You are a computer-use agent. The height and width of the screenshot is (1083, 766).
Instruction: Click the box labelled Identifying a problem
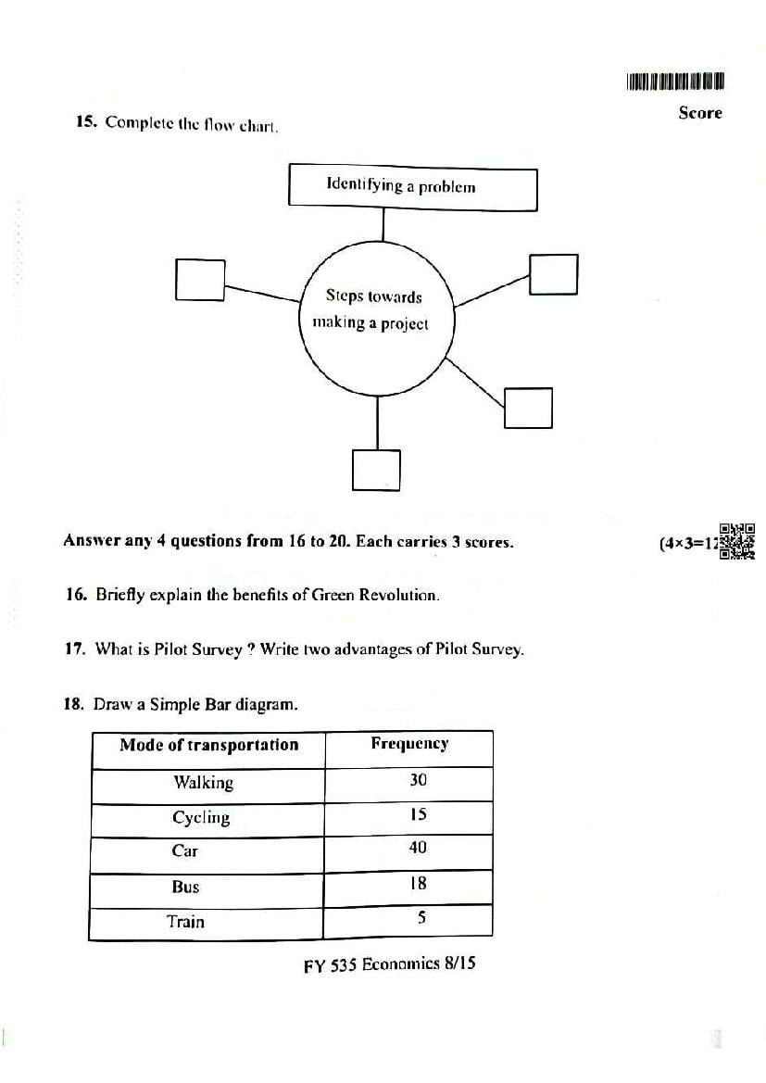coord(412,187)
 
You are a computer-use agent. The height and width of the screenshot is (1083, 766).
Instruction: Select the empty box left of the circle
coord(200,279)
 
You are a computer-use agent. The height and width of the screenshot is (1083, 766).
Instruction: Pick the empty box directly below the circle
coord(376,470)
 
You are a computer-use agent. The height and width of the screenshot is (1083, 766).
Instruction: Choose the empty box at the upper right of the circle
coord(553,273)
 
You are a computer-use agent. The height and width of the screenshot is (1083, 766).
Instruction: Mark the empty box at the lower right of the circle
coord(528,408)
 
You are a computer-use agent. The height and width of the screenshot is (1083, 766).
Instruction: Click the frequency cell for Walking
coord(418,780)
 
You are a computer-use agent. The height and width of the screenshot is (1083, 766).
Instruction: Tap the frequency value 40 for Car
coord(418,848)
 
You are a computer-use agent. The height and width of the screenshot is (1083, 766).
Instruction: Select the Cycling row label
coord(201,817)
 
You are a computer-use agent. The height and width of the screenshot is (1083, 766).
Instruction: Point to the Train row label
coord(185,922)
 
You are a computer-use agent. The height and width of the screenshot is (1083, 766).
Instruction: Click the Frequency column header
coord(409,744)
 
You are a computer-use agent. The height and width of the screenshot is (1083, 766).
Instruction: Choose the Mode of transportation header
coord(209,745)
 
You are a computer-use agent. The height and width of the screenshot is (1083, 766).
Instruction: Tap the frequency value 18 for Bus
coord(418,884)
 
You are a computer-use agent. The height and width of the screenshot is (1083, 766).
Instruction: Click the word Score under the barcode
coord(699,113)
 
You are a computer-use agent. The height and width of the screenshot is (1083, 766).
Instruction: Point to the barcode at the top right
coord(674,82)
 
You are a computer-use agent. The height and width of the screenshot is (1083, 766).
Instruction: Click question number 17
coord(75,649)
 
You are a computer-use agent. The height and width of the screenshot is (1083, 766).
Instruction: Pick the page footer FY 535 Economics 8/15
coord(389,964)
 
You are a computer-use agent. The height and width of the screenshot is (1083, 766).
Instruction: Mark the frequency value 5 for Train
coord(421,918)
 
